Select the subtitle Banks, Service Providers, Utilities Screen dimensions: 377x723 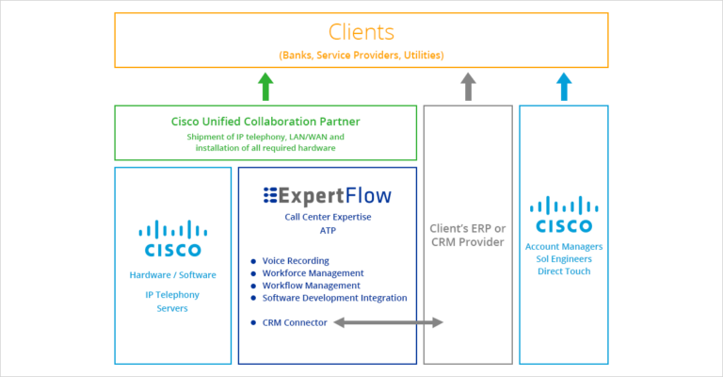pyautogui.click(x=361, y=56)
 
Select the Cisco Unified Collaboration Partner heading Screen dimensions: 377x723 pyautogui.click(x=265, y=122)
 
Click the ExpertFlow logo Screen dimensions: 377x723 pyautogui.click(x=327, y=196)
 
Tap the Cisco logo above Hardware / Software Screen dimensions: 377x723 pyautogui.click(x=172, y=239)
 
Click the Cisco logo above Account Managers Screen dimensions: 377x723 pyautogui.click(x=563, y=216)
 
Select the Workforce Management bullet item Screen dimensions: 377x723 pyautogui.click(x=306, y=273)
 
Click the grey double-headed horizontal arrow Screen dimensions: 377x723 pyautogui.click(x=388, y=322)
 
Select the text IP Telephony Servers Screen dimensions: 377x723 pyautogui.click(x=172, y=302)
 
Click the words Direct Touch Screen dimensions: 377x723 pyautogui.click(x=563, y=270)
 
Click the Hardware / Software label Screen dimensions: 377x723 pyautogui.click(x=172, y=275)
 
